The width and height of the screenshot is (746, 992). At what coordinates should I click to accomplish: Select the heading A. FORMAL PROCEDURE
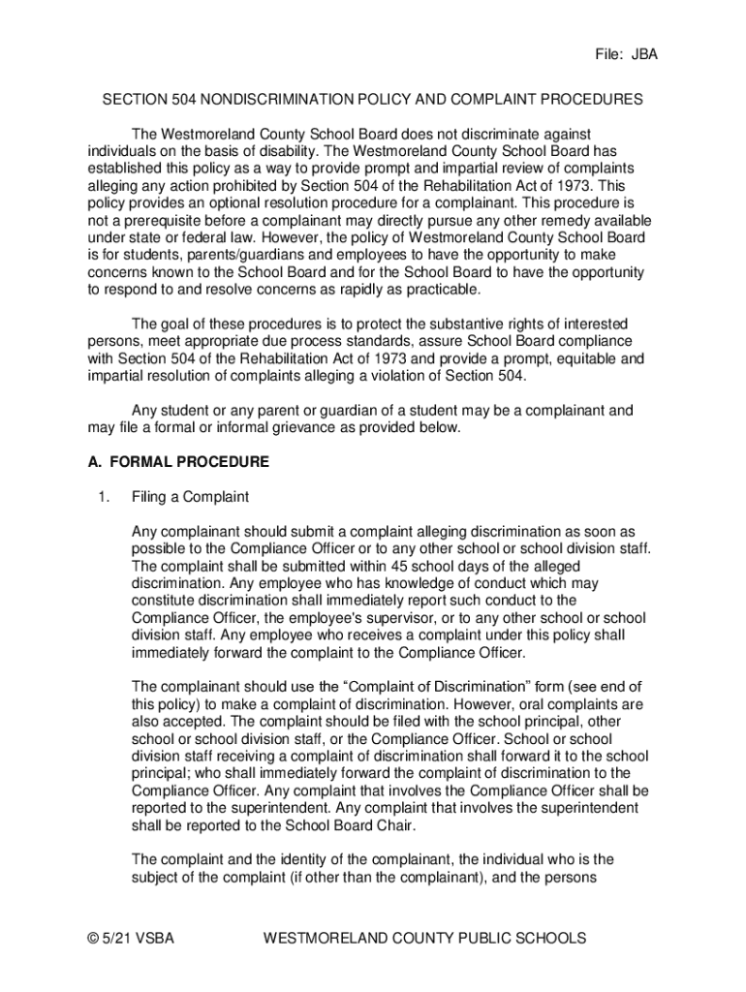pyautogui.click(x=178, y=462)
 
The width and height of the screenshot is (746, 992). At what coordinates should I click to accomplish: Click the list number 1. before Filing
pyautogui.click(x=103, y=497)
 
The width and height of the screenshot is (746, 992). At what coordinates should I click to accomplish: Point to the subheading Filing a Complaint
pyautogui.click(x=190, y=497)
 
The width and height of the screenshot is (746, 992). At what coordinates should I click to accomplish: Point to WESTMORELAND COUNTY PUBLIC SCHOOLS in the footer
pyautogui.click(x=424, y=938)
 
